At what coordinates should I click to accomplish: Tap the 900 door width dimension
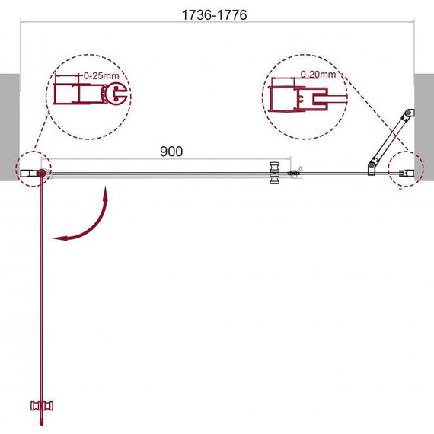click(171, 151)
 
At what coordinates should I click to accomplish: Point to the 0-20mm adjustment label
click(318, 74)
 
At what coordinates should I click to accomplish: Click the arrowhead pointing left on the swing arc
click(59, 238)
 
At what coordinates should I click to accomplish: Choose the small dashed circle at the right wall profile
click(404, 172)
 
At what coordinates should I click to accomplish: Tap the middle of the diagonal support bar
click(390, 139)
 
